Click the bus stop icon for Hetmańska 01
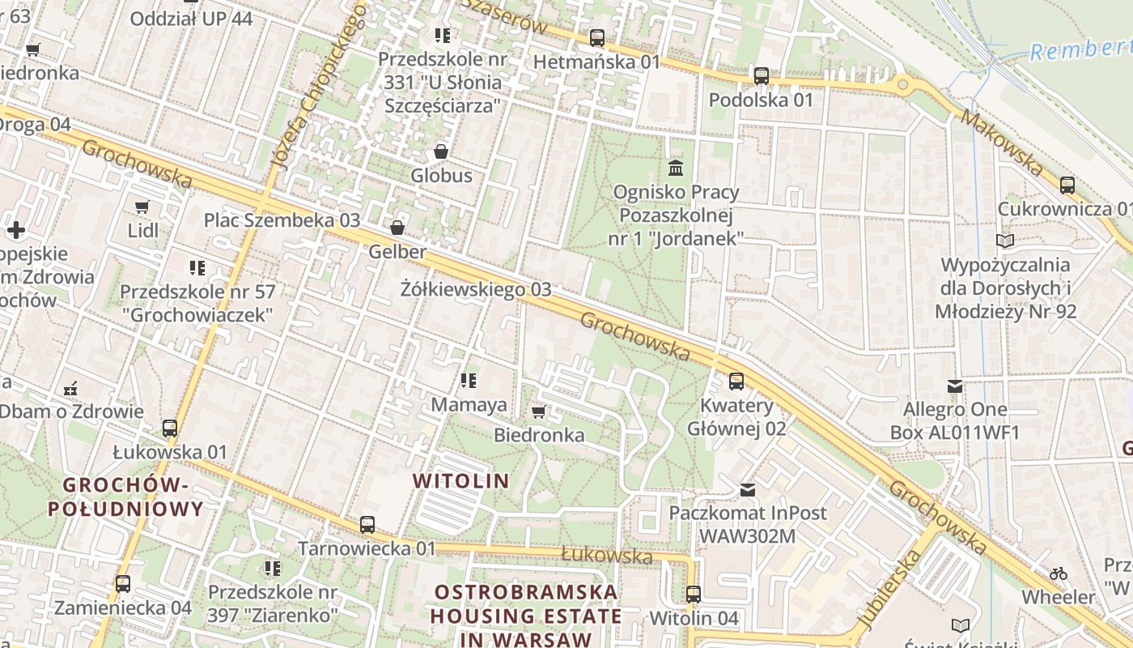coord(597,37)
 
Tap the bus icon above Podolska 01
coord(761,76)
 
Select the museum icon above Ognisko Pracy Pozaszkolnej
coord(676,168)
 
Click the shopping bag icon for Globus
coord(441,151)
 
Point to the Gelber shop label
coord(397,252)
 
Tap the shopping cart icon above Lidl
coord(143,207)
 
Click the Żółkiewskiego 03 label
coord(476,289)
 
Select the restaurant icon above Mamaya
coord(468,380)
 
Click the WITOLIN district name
coord(461,481)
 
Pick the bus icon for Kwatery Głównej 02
coord(736,381)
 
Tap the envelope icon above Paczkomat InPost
coord(748,489)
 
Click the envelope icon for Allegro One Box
coord(955,386)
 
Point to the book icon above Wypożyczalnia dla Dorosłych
coord(1004,241)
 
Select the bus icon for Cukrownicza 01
coord(1067,185)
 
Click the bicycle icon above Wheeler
coord(1058,573)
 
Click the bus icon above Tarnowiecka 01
coord(367,525)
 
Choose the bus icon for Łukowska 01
coord(170,428)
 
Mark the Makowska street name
coord(1001,143)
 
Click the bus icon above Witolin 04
coord(693,594)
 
